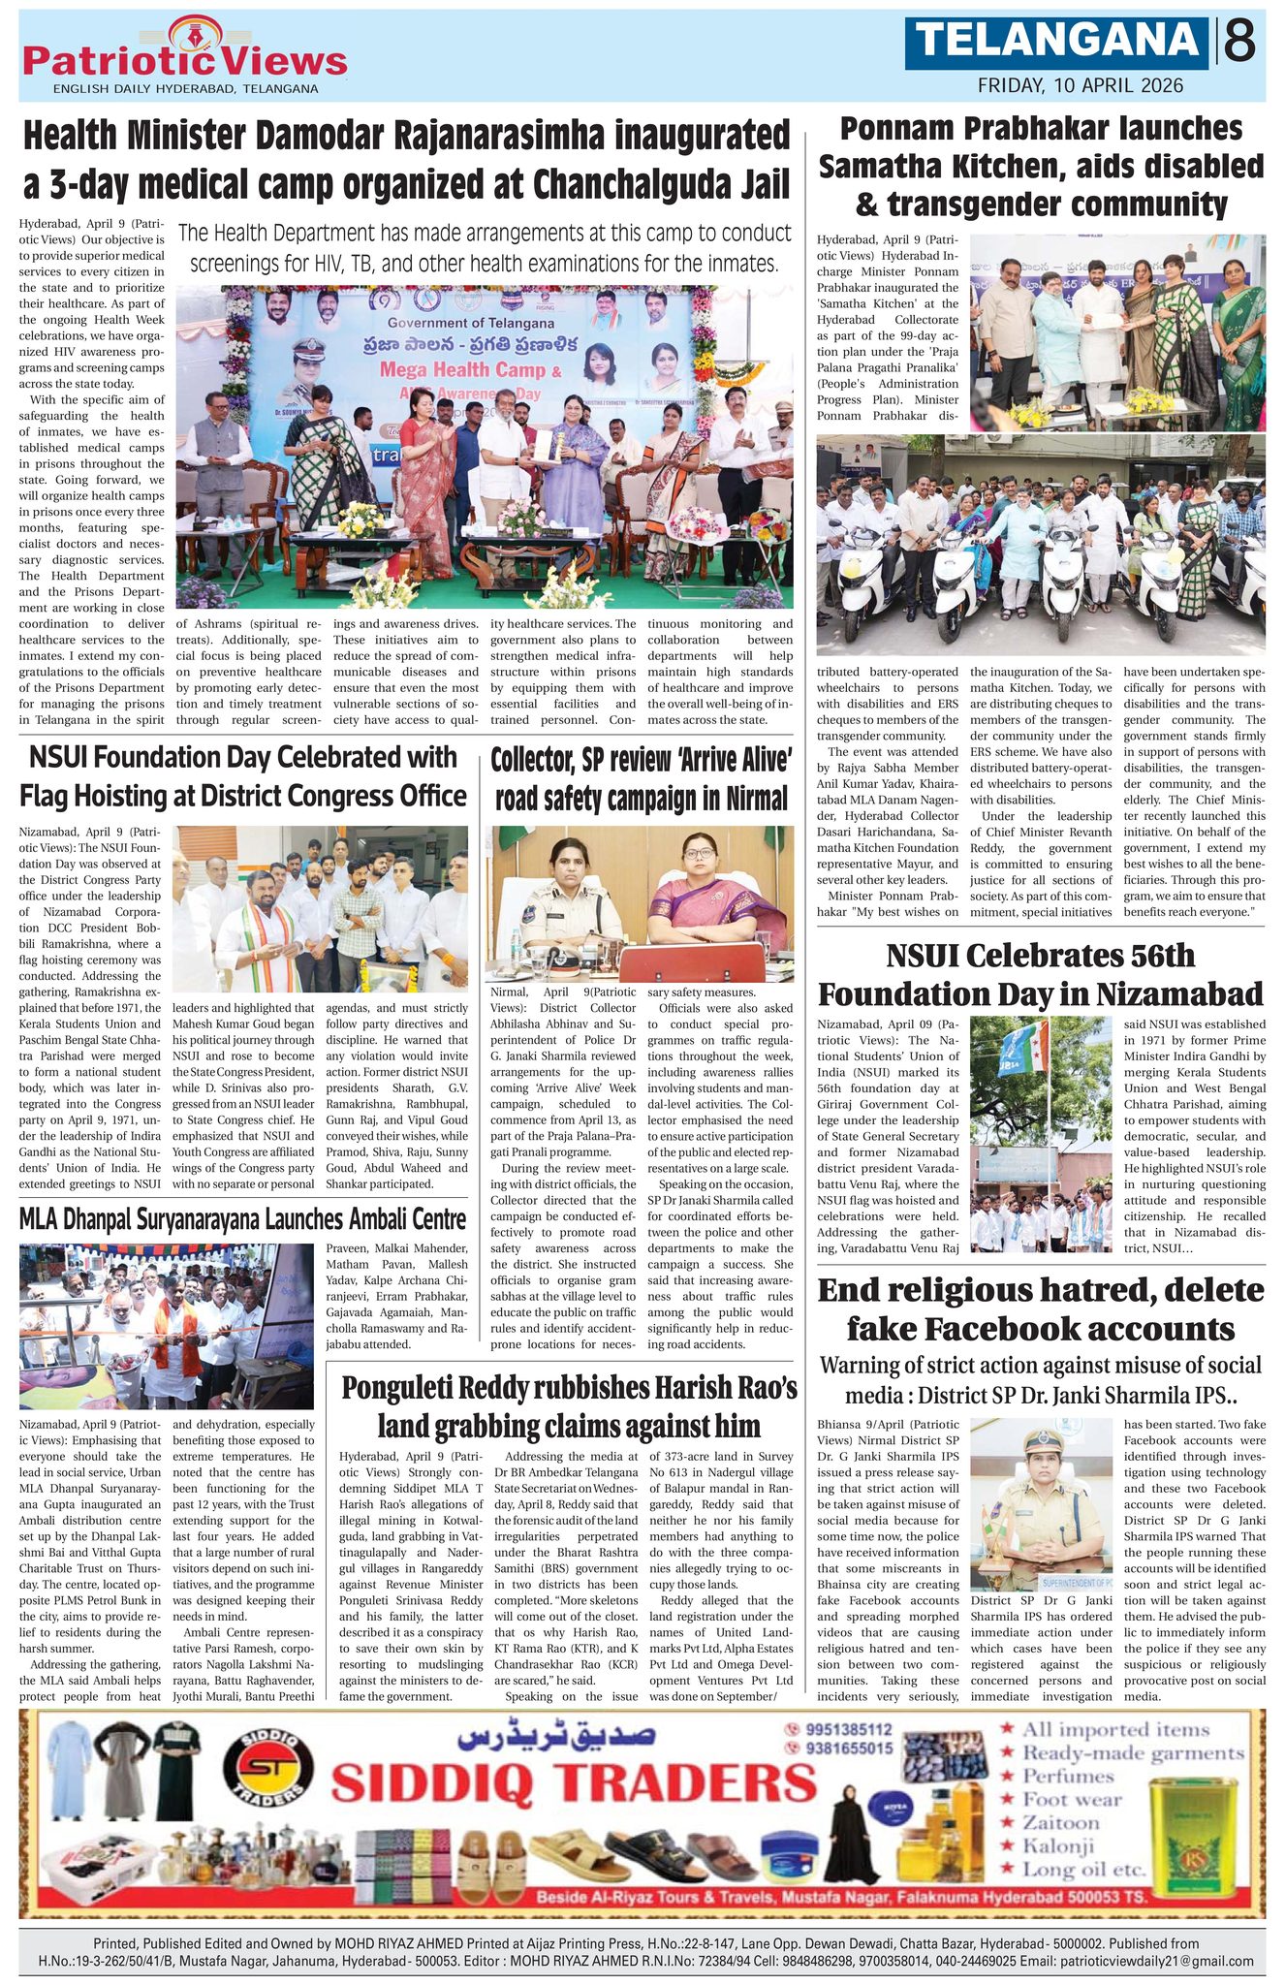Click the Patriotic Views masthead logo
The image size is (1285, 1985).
(x=184, y=58)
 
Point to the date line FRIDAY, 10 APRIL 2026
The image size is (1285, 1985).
(x=1080, y=85)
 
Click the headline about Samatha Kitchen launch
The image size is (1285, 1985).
(x=1041, y=167)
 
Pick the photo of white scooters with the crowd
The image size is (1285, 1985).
(x=1040, y=545)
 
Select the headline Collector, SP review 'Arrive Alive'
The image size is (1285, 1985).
(x=641, y=779)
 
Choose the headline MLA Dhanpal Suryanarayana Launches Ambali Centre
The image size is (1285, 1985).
(x=242, y=1218)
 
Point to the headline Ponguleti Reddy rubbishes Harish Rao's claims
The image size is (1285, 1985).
(x=569, y=1406)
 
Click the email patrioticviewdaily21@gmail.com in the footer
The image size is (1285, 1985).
(x=1157, y=1961)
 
